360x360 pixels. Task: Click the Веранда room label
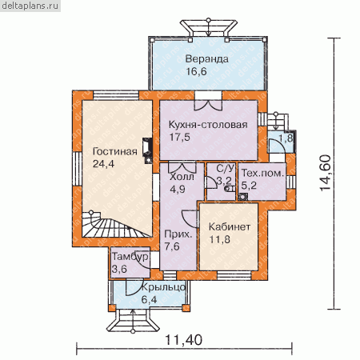207,59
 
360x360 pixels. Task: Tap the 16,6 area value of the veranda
196,71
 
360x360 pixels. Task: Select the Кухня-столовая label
208,125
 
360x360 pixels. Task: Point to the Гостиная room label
115,151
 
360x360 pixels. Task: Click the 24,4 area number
103,164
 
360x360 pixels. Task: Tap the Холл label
182,177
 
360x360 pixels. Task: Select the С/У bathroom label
226,168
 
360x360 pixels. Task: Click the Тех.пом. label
262,173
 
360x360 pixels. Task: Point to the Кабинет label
230,226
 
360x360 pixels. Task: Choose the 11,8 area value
219,239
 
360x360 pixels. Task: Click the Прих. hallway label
178,234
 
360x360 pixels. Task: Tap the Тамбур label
130,257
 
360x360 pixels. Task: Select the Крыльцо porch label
163,287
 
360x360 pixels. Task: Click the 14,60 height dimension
326,173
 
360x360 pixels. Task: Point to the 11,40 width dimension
184,340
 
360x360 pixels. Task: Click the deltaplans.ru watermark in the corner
30,6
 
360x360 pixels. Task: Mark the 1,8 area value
286,138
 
